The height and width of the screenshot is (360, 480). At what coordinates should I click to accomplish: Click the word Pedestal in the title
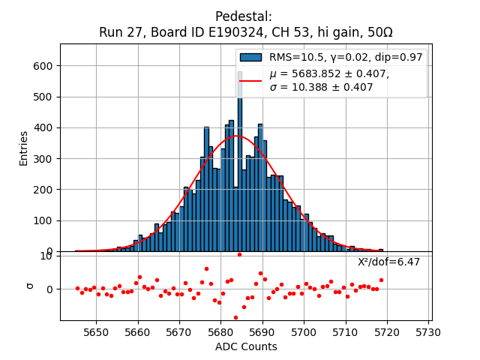click(244, 16)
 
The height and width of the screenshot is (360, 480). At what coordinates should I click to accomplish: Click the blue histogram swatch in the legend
click(250, 57)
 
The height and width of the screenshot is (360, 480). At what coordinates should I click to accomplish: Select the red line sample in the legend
click(250, 80)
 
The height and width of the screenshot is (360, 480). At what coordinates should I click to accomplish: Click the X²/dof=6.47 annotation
click(388, 262)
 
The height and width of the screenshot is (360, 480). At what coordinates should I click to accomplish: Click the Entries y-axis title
click(24, 148)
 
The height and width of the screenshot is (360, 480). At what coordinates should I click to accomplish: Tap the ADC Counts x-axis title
click(246, 346)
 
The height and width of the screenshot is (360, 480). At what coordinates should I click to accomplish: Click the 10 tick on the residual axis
click(46, 256)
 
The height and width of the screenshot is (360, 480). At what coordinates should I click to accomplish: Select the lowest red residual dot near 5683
click(235, 317)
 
